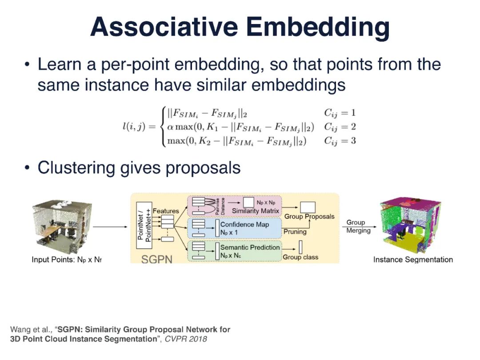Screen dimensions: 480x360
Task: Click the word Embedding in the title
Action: coord(319,28)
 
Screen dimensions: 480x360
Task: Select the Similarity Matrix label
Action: coord(256,210)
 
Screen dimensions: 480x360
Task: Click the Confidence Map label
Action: coord(244,224)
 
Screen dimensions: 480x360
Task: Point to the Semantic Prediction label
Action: coord(250,247)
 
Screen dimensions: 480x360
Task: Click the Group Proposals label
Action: coord(309,217)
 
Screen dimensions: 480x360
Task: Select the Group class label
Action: coord(300,257)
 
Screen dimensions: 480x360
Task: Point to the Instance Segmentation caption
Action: coord(413,260)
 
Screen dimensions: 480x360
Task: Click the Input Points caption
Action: coord(67,260)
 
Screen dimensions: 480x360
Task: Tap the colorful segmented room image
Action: coord(410,225)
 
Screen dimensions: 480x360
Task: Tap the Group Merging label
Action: coord(358,226)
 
